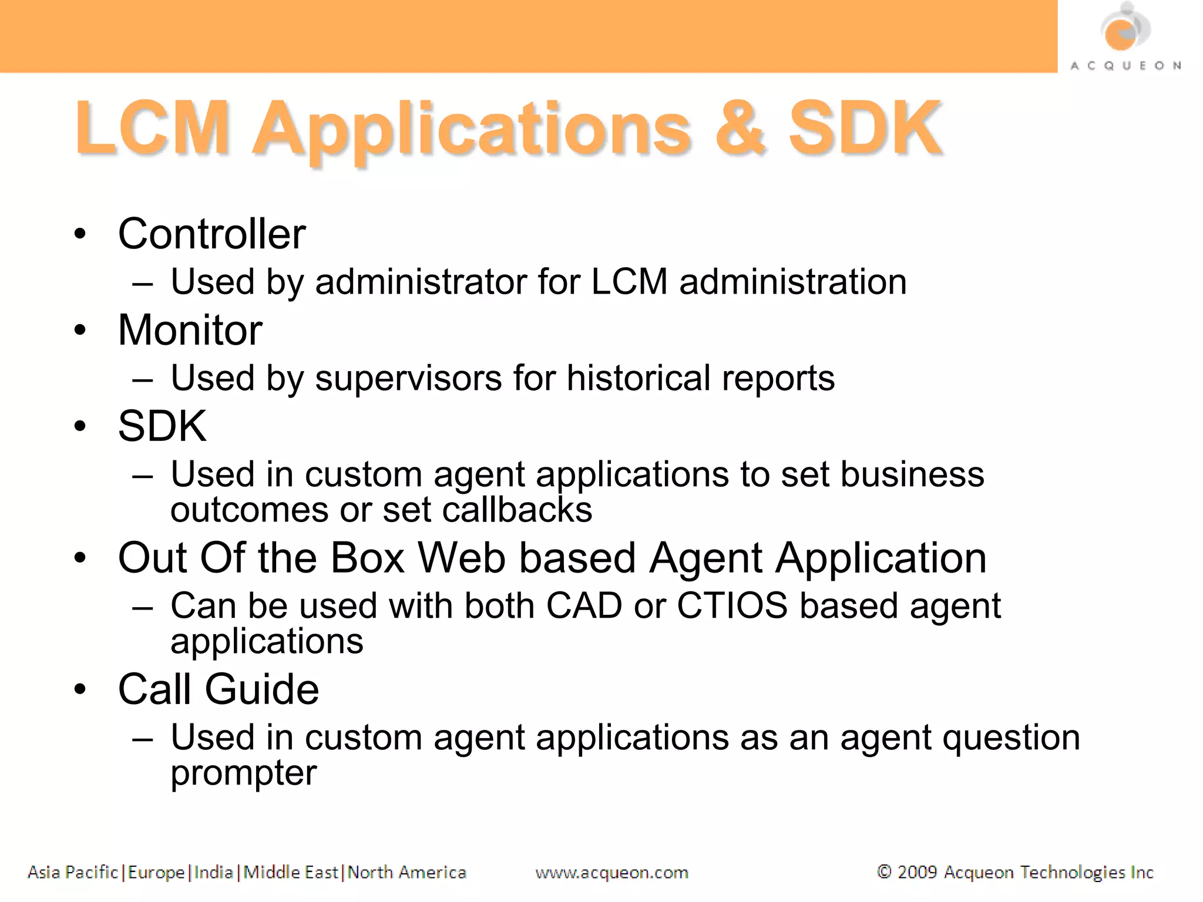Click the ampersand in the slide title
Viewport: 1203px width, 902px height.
(x=740, y=129)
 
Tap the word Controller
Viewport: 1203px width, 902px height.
(x=211, y=234)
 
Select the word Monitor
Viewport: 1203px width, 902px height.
(x=190, y=330)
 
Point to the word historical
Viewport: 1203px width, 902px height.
(x=639, y=378)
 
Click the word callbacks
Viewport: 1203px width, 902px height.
(x=517, y=510)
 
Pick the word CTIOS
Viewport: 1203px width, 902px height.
(x=732, y=605)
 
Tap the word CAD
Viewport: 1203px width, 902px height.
(x=584, y=605)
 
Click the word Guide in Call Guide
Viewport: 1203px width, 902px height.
(x=261, y=689)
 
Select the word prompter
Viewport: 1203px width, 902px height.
(x=243, y=773)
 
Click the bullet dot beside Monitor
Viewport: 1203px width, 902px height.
(x=80, y=330)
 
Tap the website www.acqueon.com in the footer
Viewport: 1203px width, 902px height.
(x=611, y=873)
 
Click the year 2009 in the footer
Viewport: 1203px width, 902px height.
(x=916, y=872)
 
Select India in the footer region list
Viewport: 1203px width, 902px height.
(x=213, y=873)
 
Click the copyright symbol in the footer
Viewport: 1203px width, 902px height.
(x=883, y=872)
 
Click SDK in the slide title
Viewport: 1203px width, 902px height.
(x=864, y=129)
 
